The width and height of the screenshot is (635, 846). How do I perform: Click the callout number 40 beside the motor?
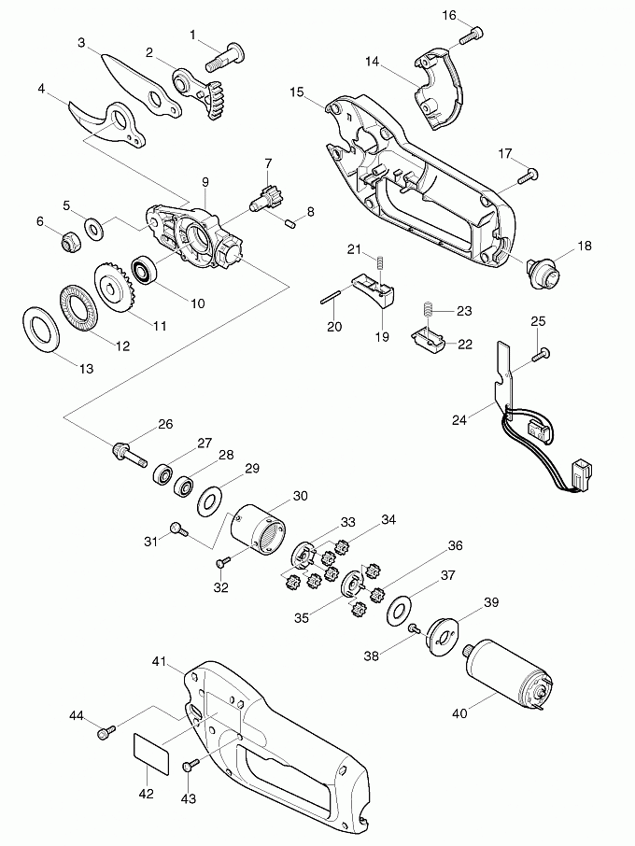coord(459,715)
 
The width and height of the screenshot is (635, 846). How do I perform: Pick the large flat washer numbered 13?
coord(40,328)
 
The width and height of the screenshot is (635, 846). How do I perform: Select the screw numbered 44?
coord(106,732)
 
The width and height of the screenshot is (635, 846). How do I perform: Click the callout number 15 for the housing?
coord(297,92)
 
